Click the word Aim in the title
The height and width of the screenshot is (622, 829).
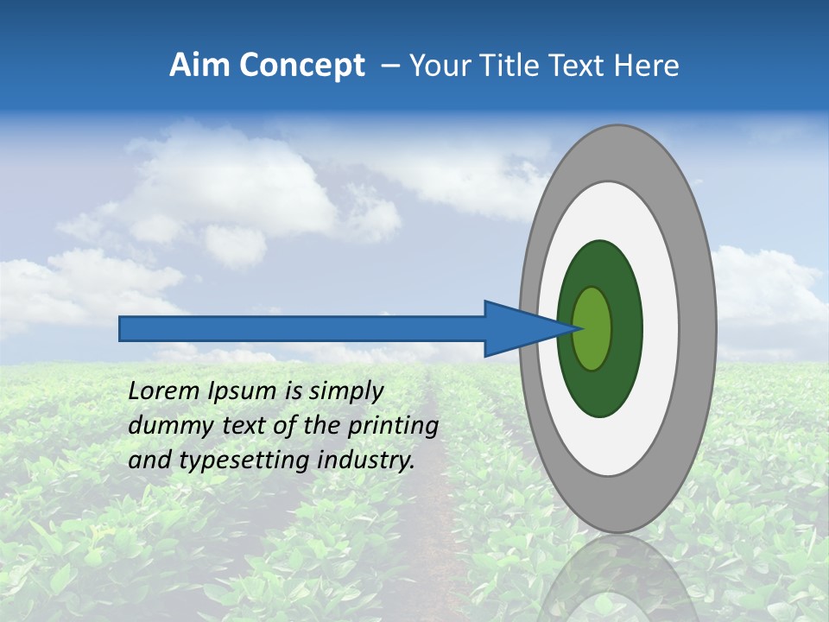point(200,66)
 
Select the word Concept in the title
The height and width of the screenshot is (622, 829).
point(301,67)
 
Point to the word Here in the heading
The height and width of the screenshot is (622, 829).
point(646,66)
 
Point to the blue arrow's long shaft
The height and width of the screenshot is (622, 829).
point(302,328)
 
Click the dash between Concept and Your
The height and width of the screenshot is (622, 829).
point(389,67)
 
